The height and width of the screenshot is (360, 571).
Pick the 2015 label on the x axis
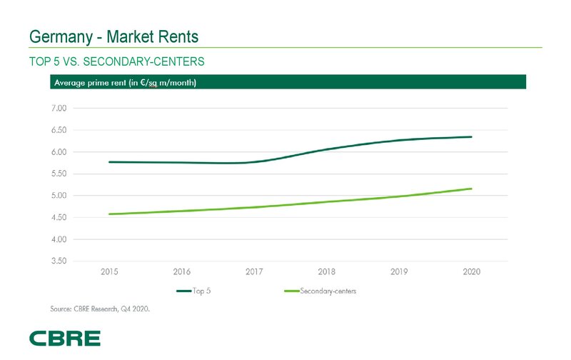(x=110, y=272)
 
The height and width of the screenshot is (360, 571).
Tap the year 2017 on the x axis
(x=254, y=272)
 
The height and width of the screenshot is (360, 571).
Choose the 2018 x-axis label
(x=327, y=272)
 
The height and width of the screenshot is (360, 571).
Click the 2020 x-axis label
(x=471, y=272)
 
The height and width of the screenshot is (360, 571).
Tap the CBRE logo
(x=65, y=338)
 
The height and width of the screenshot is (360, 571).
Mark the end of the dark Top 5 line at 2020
(x=471, y=136)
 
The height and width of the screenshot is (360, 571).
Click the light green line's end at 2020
(x=471, y=189)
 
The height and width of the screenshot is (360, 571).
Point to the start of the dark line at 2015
(x=109, y=162)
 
